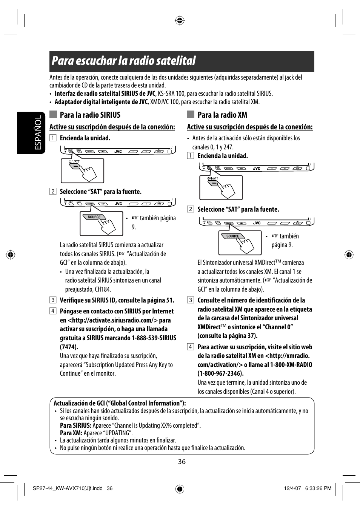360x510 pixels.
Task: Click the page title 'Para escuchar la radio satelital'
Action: [124, 61]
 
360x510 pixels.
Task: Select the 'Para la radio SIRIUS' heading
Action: [90, 115]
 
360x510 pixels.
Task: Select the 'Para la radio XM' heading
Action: [222, 115]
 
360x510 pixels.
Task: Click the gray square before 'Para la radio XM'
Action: [191, 114]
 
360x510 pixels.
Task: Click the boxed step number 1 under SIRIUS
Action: [53, 138]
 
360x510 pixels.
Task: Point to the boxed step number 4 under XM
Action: [191, 347]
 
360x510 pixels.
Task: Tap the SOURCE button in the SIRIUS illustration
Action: [94, 217]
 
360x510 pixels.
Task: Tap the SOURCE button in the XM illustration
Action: [232, 236]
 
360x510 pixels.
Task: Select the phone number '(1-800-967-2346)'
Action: [220, 373]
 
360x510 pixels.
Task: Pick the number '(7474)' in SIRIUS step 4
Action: [69, 347]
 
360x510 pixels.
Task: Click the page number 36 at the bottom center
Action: [182, 462]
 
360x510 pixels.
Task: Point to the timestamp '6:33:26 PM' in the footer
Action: [318, 488]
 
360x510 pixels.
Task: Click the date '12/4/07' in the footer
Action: [292, 488]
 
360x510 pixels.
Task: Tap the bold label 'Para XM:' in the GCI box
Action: [71, 433]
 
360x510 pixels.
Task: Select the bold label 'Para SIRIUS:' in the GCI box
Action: [75, 426]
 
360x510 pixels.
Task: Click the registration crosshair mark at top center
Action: [180, 20]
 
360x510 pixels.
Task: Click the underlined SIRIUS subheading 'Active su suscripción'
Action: [112, 127]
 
